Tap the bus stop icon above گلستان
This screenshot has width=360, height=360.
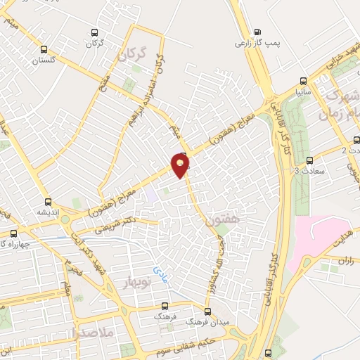45,49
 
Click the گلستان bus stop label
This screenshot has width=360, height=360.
43,60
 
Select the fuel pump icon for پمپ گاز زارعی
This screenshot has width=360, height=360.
257,31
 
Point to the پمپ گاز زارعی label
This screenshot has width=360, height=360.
257,43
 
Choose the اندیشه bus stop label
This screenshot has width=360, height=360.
48,211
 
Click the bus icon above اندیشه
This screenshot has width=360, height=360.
48,200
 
